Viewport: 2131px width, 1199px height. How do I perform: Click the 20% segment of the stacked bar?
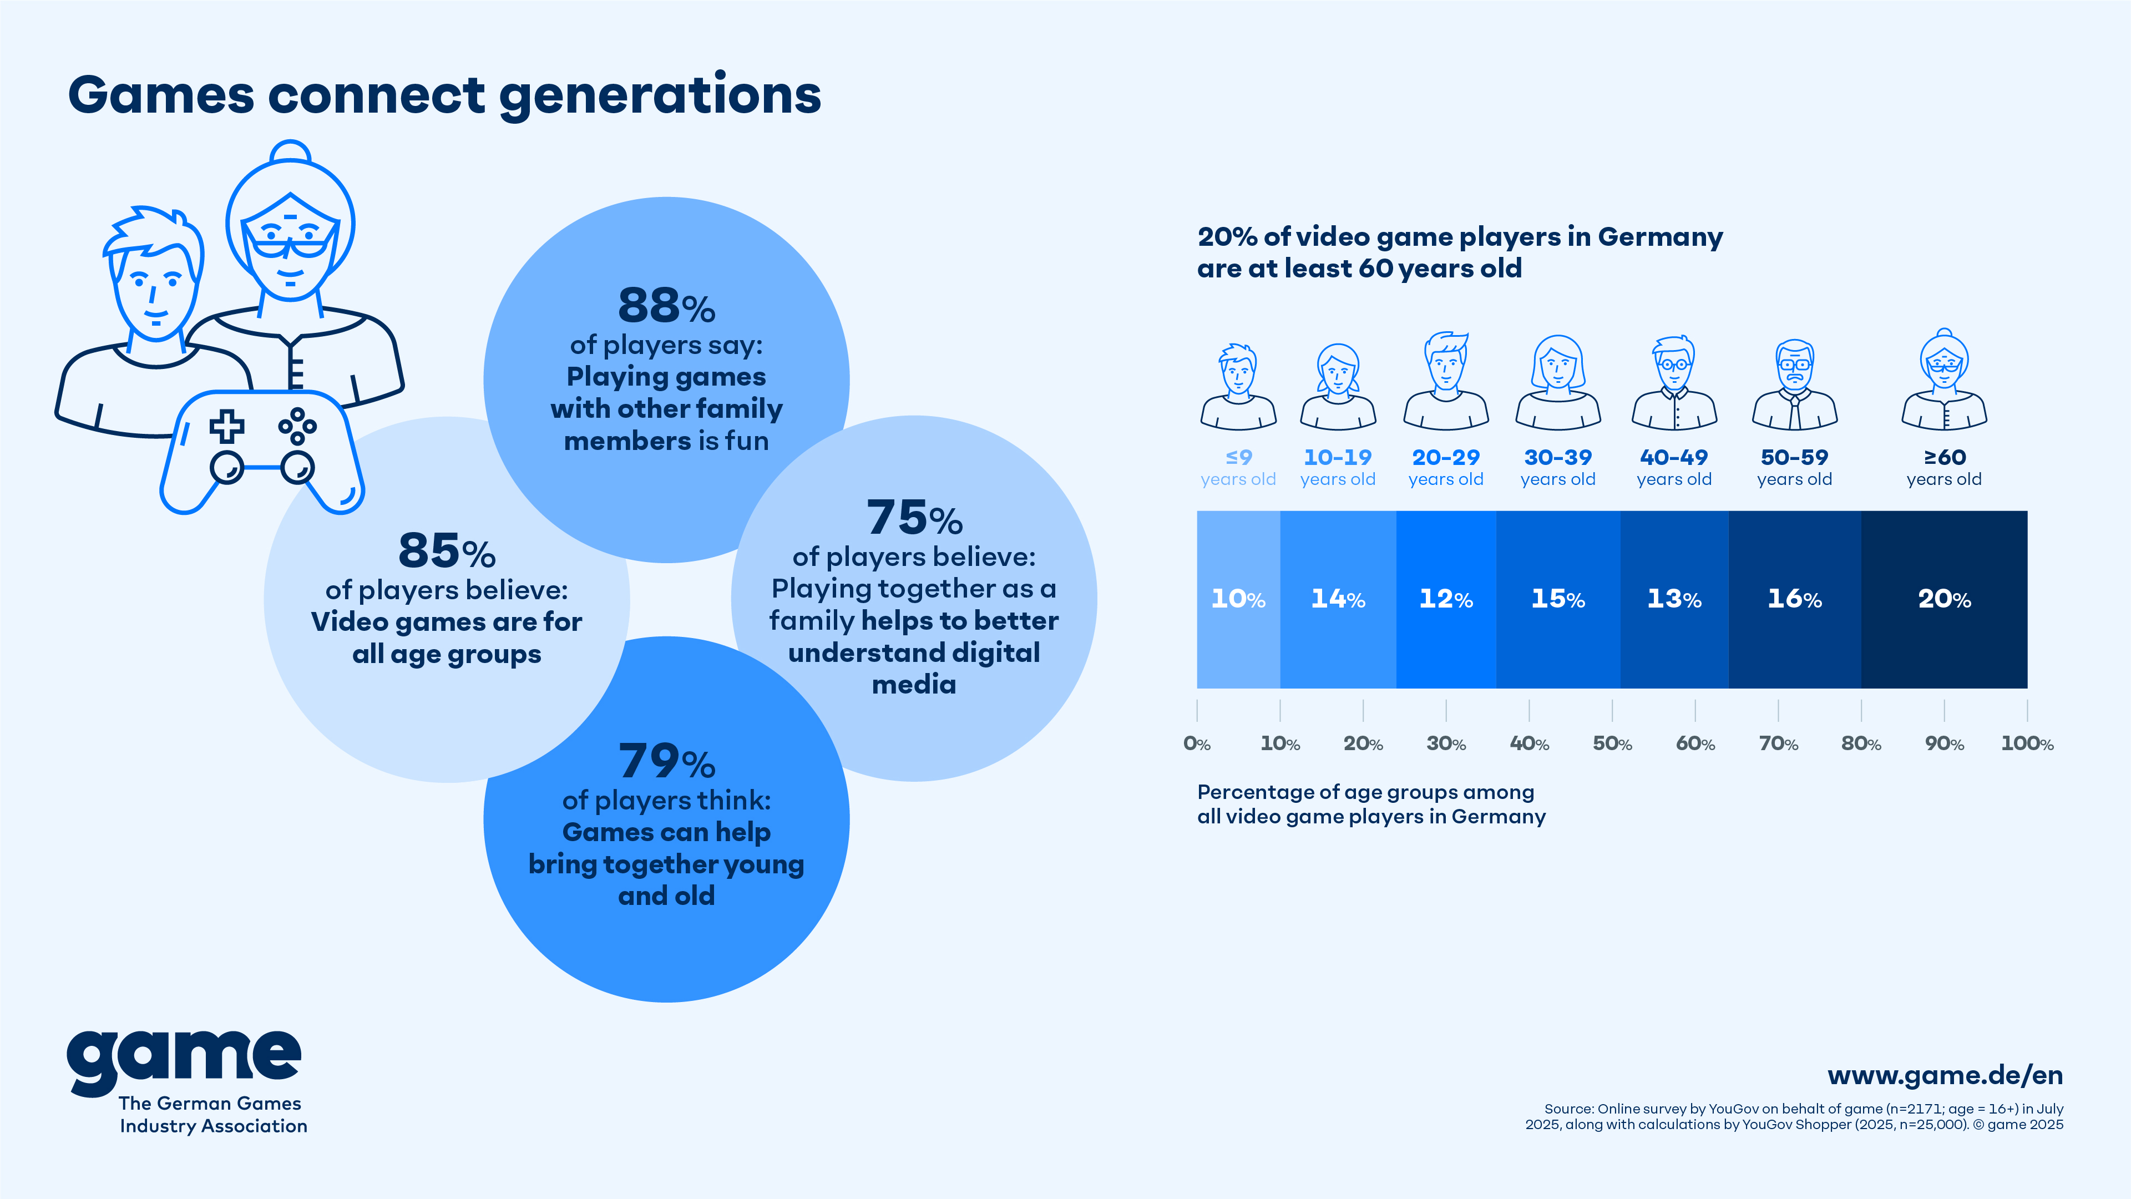click(1944, 599)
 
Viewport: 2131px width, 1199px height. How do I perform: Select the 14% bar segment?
click(1338, 599)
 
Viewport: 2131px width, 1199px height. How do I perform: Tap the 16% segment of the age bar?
click(1794, 599)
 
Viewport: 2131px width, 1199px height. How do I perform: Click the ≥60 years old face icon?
click(1944, 381)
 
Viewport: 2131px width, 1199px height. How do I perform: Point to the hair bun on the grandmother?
click(290, 152)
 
